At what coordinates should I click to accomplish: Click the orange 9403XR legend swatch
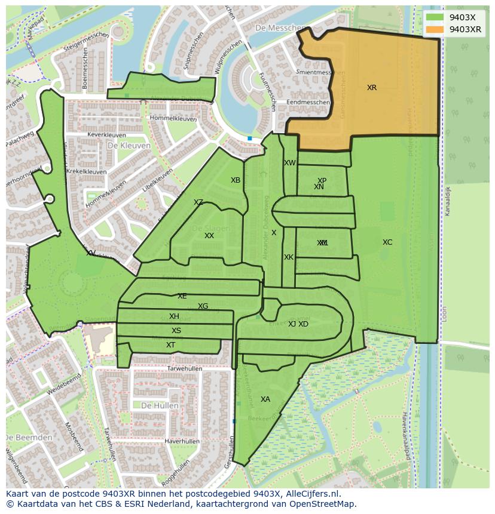tap(435, 29)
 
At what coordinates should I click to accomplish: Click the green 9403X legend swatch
tap(435, 17)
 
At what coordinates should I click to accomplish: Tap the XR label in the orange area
tap(372, 88)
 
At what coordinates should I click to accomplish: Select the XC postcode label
tap(387, 242)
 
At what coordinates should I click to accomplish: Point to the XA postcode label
tap(265, 399)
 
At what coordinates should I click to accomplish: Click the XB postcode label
tap(236, 180)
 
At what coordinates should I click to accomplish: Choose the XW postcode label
tap(290, 163)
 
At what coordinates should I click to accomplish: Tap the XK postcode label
tap(289, 257)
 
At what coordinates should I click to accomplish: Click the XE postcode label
tap(182, 296)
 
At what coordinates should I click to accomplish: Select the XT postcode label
tap(171, 345)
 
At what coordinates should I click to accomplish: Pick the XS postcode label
tap(176, 331)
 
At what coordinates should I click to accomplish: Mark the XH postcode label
tap(174, 316)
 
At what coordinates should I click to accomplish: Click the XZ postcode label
tap(198, 202)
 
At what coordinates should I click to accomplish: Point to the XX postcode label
tap(209, 236)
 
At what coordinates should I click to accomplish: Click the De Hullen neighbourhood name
tap(160, 405)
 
